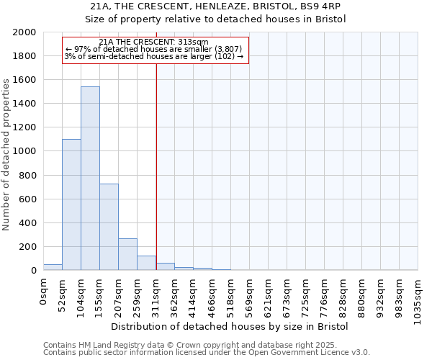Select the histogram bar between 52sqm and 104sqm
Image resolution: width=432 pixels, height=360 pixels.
pos(71,204)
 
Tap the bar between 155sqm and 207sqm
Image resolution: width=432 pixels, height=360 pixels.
pos(109,227)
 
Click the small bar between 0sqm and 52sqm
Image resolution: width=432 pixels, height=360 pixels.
pos(53,267)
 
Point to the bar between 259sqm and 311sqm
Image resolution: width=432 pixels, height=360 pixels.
pos(146,263)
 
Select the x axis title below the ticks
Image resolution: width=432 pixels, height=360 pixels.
pos(230,326)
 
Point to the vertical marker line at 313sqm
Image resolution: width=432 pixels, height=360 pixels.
pos(156,166)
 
